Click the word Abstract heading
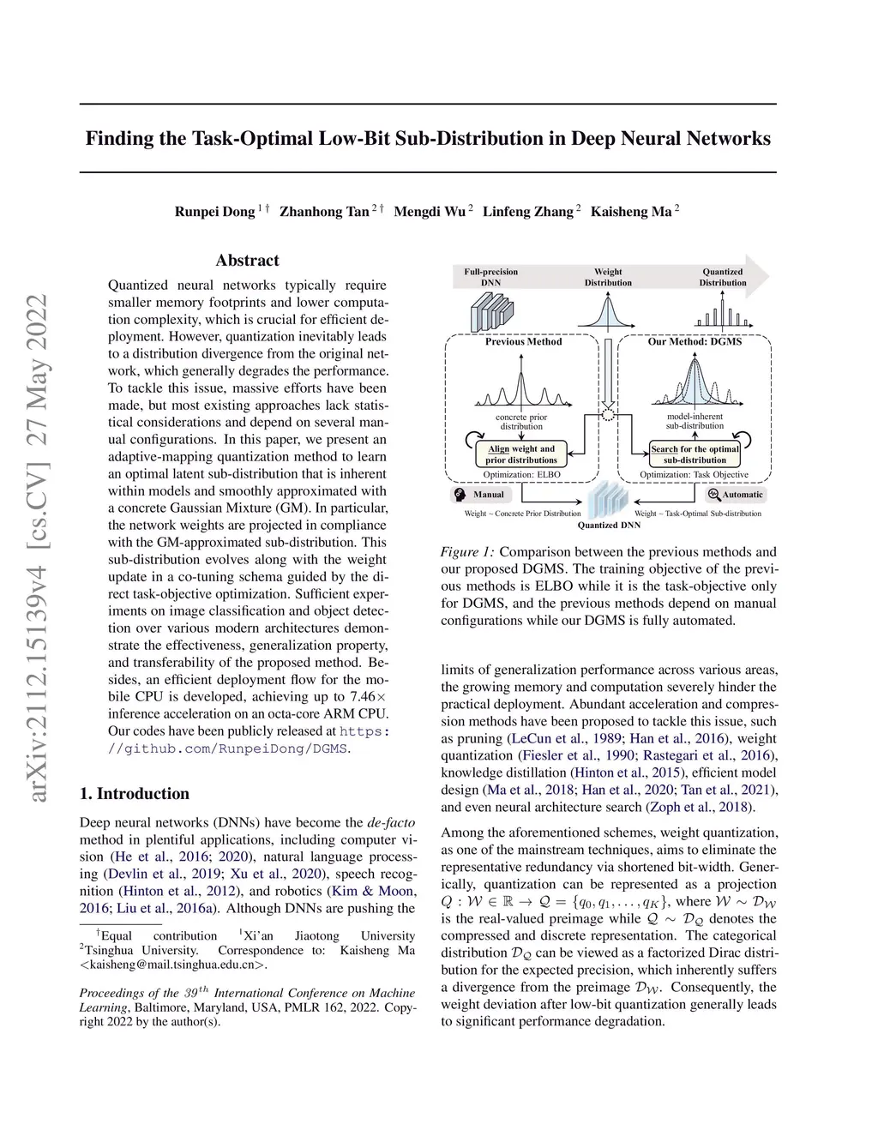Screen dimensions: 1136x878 [x=247, y=261]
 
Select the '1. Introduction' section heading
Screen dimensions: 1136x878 [x=134, y=793]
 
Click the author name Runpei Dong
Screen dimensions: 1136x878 [x=214, y=212]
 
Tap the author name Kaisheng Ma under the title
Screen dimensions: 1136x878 [x=630, y=212]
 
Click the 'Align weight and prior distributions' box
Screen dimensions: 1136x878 [x=521, y=454]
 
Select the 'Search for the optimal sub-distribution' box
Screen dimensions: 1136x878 [x=695, y=454]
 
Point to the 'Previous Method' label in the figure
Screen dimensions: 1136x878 [x=523, y=341]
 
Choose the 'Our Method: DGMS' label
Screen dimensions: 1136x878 [x=695, y=341]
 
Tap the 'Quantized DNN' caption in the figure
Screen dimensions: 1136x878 [x=609, y=525]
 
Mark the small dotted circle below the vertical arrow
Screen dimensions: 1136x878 [x=609, y=415]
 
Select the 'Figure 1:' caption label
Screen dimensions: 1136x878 [x=467, y=552]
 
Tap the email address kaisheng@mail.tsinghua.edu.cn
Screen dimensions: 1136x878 [x=173, y=965]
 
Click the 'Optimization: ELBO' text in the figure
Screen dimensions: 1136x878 [x=521, y=475]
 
